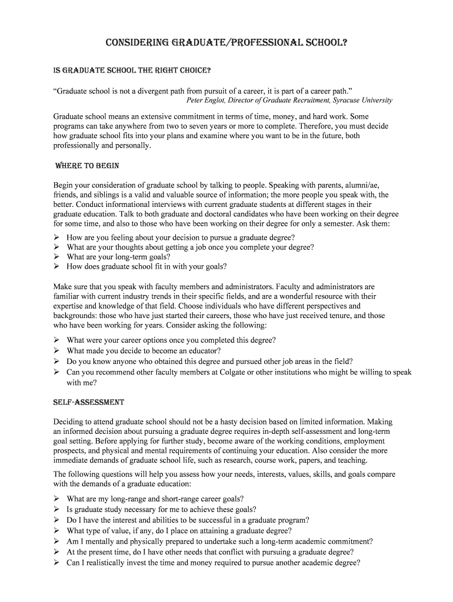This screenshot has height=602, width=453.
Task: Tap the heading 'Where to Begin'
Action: [86, 165]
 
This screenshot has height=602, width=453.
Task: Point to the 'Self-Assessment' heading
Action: [89, 403]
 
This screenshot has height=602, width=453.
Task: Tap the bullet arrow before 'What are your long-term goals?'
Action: [57, 257]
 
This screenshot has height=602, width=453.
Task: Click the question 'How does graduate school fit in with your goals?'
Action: [146, 266]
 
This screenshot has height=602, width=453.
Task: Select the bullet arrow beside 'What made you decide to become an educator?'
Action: [57, 351]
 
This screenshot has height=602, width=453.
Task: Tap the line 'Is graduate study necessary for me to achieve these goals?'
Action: [161, 510]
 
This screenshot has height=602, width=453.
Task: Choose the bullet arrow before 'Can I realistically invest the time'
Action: [57, 563]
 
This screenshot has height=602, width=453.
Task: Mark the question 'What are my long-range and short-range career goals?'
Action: [155, 499]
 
